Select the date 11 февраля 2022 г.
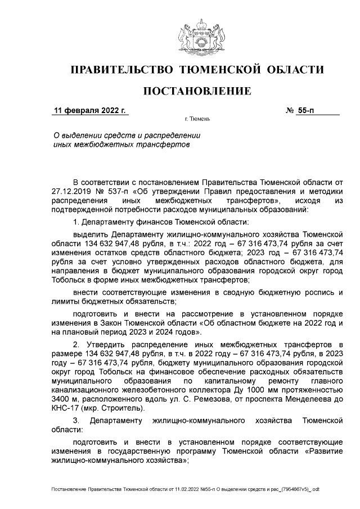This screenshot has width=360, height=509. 89,110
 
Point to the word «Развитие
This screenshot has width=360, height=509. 321,450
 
